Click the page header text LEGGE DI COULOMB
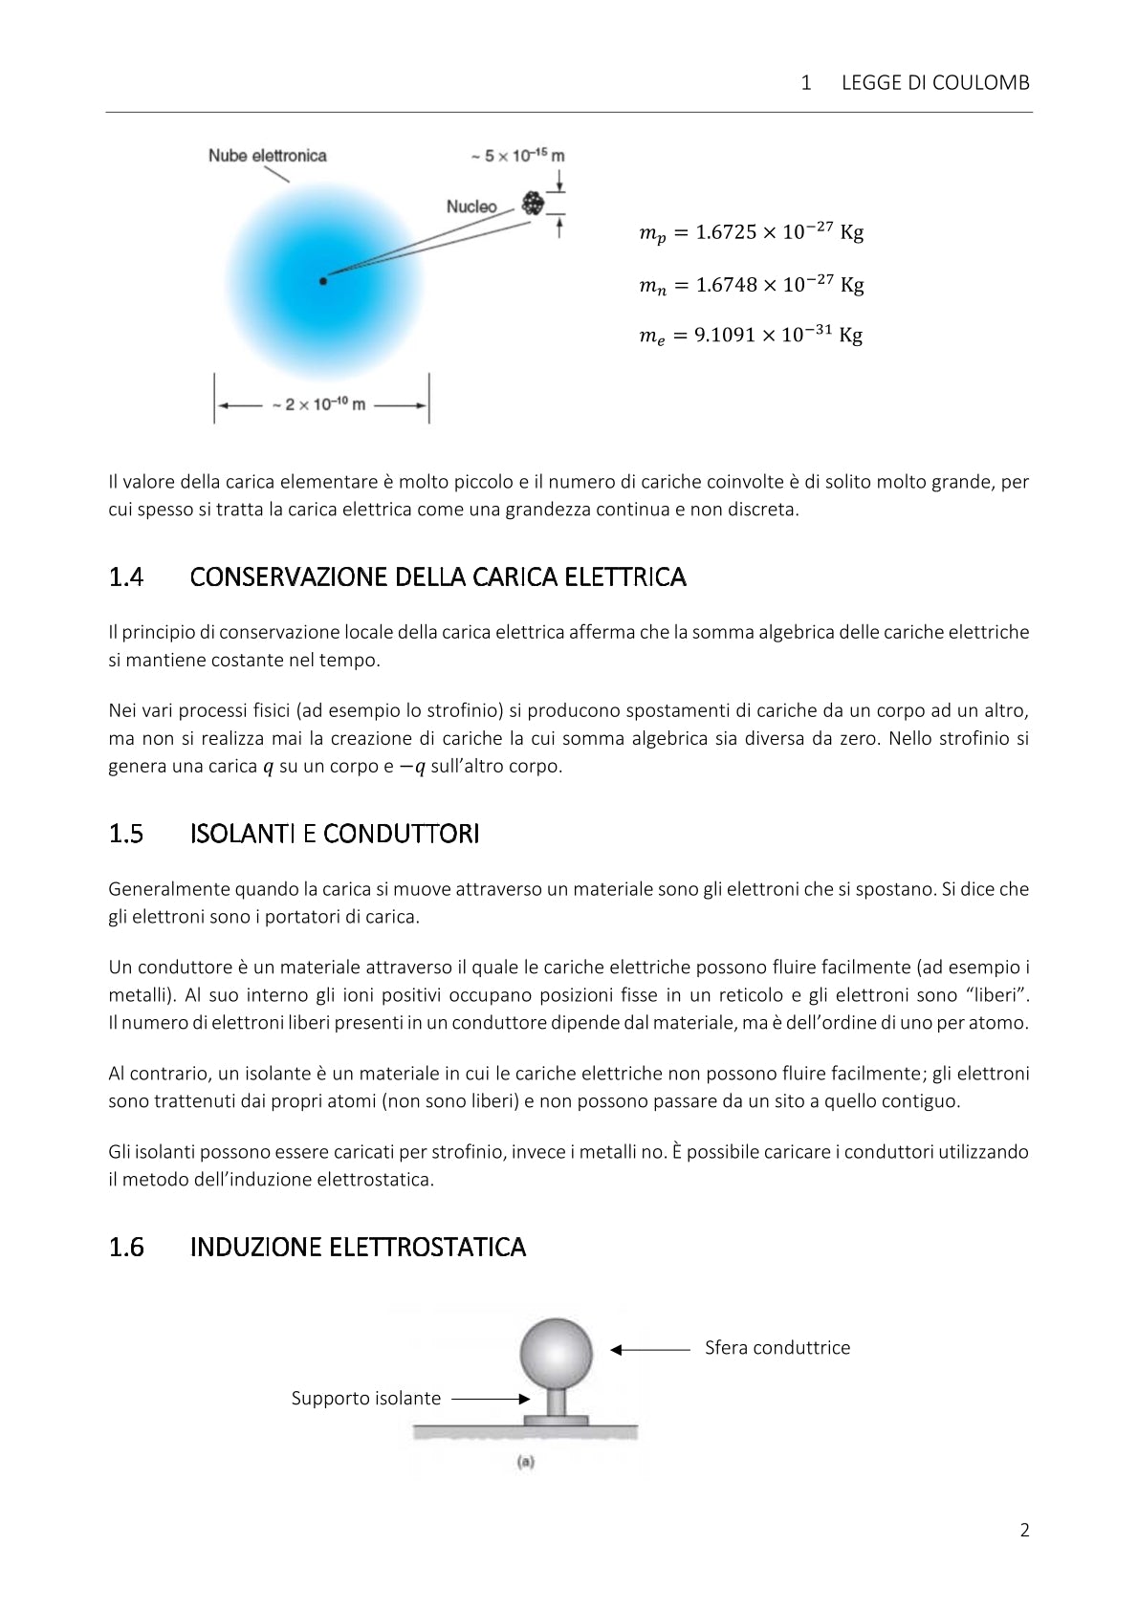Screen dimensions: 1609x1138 point(934,83)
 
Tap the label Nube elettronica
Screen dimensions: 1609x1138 point(267,156)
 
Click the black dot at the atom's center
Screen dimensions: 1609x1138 point(323,281)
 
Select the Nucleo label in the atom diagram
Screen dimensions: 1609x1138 point(471,207)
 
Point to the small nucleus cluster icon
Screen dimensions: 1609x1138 point(533,203)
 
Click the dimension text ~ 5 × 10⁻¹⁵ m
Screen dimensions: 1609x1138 point(516,156)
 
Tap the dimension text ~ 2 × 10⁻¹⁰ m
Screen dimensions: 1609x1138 point(318,404)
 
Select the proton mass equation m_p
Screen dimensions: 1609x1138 point(751,233)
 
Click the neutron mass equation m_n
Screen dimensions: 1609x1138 point(751,285)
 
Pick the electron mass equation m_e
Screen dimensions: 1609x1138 point(751,336)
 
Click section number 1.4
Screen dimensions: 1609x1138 point(126,577)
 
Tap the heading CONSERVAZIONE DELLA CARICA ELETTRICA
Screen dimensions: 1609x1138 point(438,577)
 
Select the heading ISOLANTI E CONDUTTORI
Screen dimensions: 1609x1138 point(335,834)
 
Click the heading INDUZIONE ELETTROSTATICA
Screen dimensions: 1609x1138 point(358,1247)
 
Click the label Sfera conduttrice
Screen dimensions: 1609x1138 point(777,1348)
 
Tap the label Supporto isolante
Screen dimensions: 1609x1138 point(366,1399)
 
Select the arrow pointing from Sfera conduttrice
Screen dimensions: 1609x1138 point(650,1350)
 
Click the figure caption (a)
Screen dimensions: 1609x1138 point(525,1462)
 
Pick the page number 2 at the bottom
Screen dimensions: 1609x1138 point(1024,1531)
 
